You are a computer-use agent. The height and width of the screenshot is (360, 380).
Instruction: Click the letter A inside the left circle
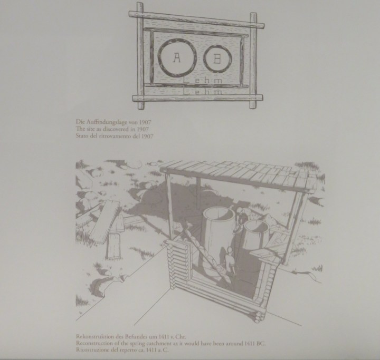(177, 57)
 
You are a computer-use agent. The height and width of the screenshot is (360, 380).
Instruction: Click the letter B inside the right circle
(217, 59)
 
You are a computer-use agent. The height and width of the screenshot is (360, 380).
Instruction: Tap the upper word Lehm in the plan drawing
(203, 80)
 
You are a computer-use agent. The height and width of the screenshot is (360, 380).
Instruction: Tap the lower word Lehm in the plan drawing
(203, 92)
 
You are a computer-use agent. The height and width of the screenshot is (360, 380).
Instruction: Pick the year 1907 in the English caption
(142, 129)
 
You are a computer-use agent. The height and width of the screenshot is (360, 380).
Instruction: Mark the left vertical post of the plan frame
(140, 56)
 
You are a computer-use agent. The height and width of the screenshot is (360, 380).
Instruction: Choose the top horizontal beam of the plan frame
(196, 20)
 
